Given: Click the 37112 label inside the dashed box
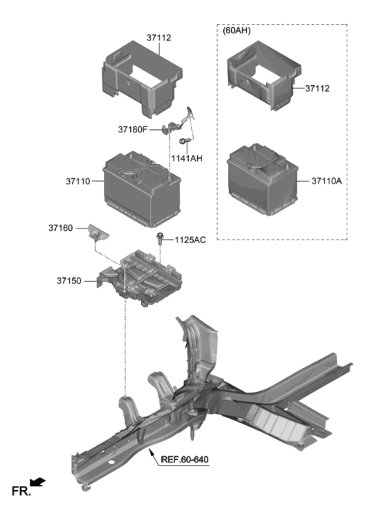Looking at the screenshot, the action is click(x=317, y=88).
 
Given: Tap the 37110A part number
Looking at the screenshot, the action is click(x=326, y=181).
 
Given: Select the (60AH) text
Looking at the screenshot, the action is click(x=236, y=31).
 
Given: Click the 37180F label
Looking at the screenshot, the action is click(x=133, y=129).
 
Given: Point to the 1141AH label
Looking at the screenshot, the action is click(x=187, y=159).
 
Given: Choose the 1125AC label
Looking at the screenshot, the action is click(x=191, y=240).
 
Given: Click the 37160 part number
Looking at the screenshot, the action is click(x=60, y=228).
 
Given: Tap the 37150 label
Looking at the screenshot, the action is click(x=69, y=281).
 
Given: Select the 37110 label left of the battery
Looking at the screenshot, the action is click(x=77, y=181).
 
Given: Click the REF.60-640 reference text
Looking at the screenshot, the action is click(x=184, y=459).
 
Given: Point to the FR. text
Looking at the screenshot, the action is click(x=21, y=491).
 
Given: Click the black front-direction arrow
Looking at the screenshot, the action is click(x=38, y=482).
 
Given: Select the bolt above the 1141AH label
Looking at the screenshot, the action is click(x=184, y=141).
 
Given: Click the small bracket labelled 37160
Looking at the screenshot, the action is click(x=98, y=232).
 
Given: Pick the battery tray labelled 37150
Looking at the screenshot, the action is click(x=139, y=278).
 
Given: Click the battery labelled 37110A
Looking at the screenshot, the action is click(x=263, y=179).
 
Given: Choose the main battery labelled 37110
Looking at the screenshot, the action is click(x=142, y=189).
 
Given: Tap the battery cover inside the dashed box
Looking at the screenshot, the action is click(x=264, y=75).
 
